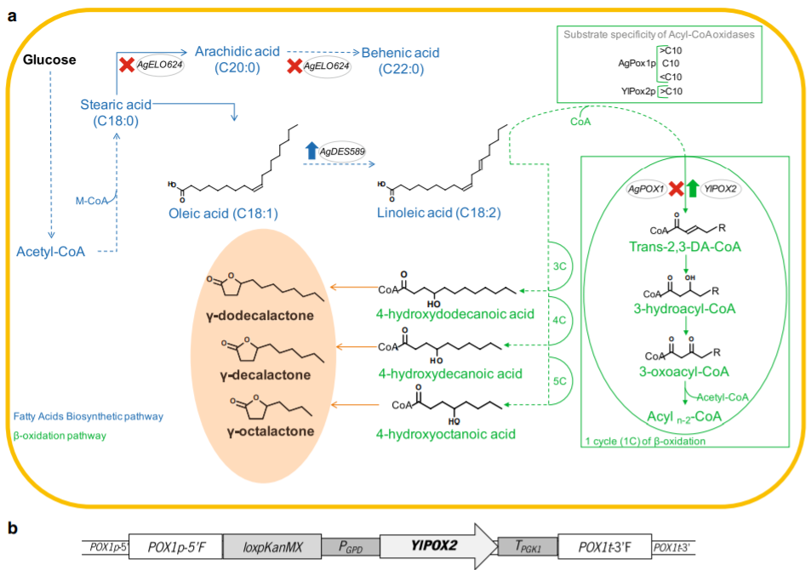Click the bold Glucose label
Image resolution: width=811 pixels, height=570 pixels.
coord(49,60)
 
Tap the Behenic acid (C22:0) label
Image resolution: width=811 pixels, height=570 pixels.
coord(400,60)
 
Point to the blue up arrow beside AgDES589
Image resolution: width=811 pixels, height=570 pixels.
coord(311,151)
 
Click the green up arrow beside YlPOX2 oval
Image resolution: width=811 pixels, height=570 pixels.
coord(693,188)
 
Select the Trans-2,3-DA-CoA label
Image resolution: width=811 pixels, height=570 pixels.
coord(686,248)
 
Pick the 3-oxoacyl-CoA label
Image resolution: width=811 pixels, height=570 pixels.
coord(685,371)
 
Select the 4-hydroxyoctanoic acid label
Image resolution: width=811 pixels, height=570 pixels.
coord(446,434)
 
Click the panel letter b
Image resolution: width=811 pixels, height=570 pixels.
coord(13,527)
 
